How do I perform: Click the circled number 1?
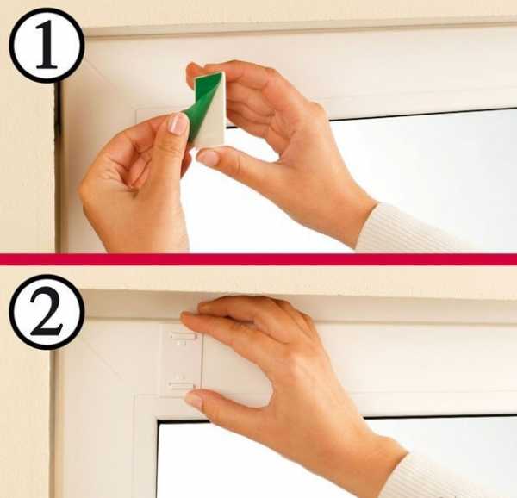pos(47,45)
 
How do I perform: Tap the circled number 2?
pos(47,312)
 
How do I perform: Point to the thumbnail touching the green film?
pos(178,123)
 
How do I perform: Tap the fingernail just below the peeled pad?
pos(208,158)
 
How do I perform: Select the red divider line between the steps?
pos(258,259)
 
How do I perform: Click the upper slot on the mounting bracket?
pos(184,337)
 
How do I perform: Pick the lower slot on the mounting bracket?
pos(181,386)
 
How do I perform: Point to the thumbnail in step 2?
pos(194,400)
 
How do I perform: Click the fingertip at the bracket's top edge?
pos(189,317)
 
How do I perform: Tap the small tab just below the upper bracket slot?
pos(181,343)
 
